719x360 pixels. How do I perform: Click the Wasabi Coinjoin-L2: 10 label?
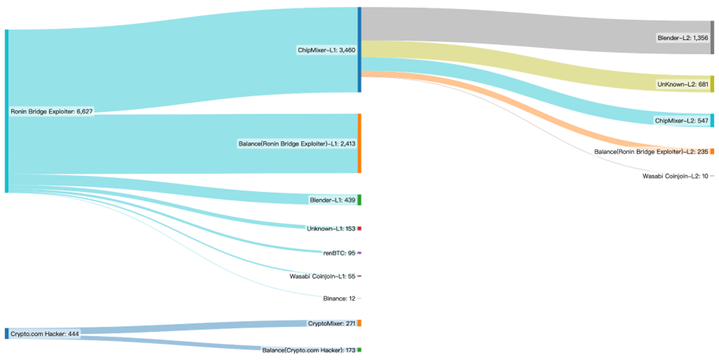click(675, 176)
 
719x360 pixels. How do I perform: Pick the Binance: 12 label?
click(339, 298)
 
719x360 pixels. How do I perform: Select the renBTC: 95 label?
click(339, 252)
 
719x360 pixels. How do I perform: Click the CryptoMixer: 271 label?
click(331, 323)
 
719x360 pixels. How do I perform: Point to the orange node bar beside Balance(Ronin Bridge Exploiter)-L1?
click(359, 143)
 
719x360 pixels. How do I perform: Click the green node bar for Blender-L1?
click(359, 200)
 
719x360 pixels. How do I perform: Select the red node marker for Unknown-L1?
click(359, 229)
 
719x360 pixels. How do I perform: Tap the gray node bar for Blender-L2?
click(712, 38)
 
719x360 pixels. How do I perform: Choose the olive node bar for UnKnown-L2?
click(712, 84)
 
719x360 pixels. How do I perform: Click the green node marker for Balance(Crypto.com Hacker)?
click(359, 349)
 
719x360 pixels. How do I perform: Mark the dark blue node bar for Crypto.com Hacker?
click(7, 333)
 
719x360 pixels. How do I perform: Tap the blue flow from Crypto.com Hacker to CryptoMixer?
click(184, 328)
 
